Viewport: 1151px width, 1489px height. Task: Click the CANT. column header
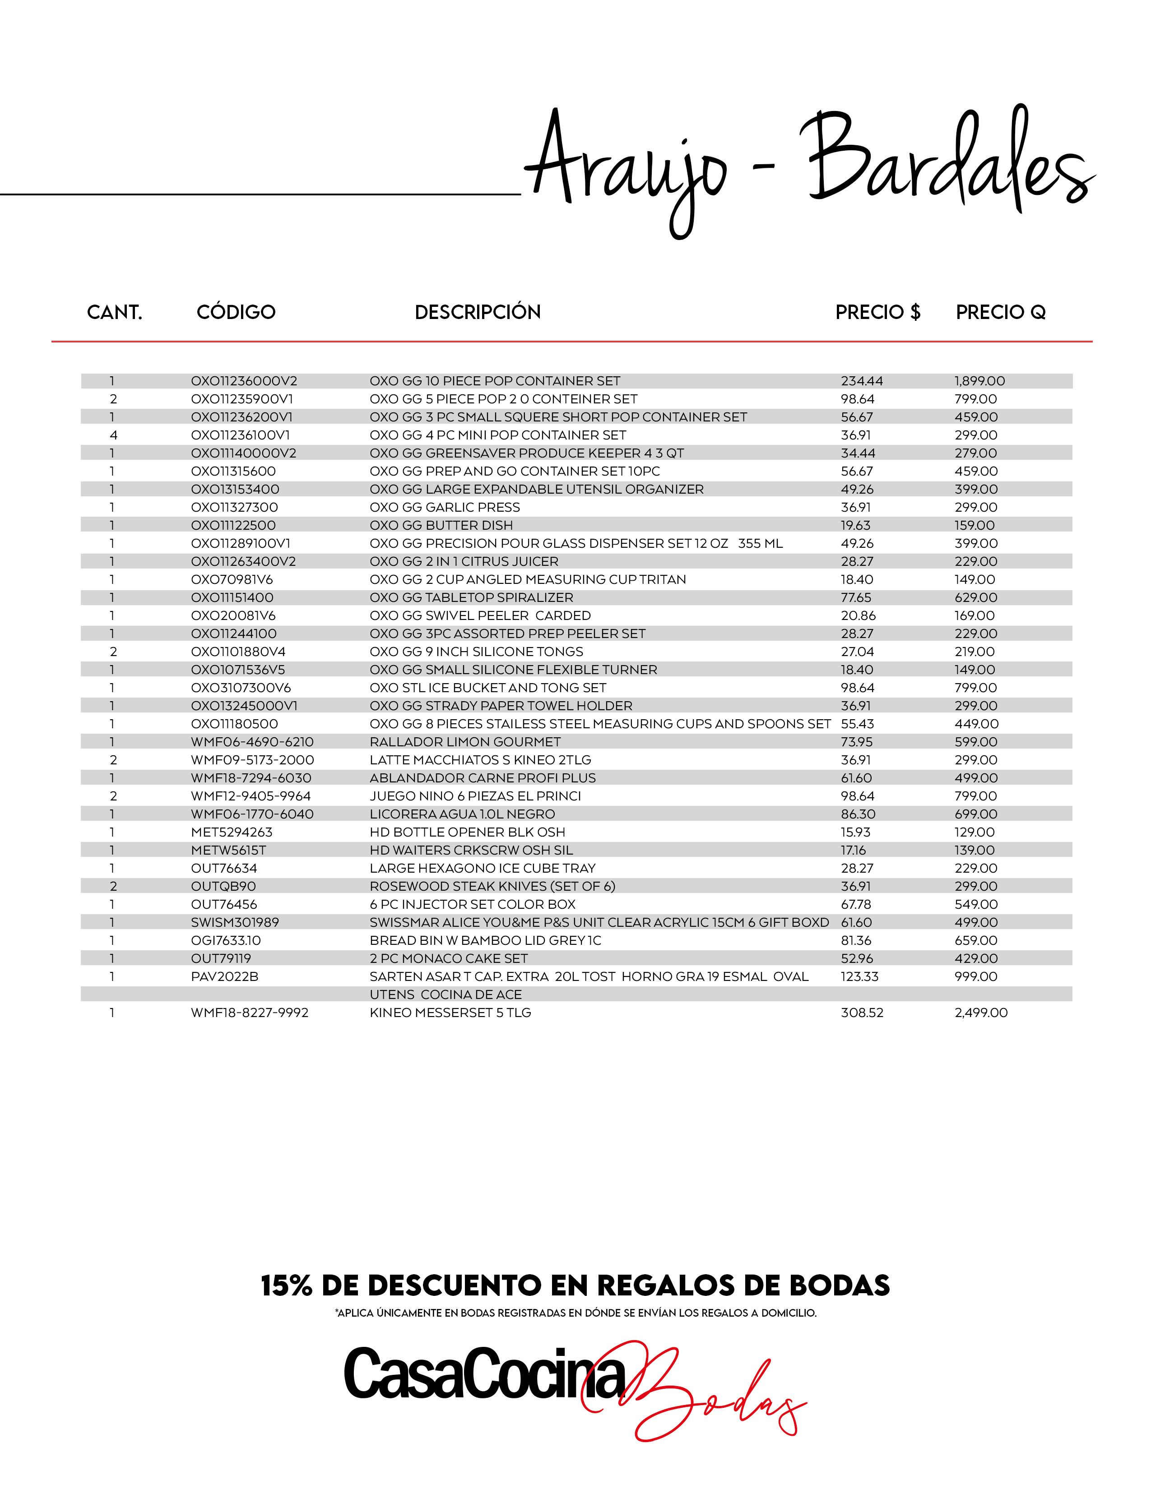115,312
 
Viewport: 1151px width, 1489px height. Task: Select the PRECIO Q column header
1000,312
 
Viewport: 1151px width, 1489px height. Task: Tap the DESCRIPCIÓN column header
477,312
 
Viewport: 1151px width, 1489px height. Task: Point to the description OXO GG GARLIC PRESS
445,507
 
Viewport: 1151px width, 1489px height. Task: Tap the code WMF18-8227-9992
250,1013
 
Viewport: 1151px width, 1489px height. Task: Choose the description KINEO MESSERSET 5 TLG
450,1013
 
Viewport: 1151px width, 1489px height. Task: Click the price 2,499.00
980,1013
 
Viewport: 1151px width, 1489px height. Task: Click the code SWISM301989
235,922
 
